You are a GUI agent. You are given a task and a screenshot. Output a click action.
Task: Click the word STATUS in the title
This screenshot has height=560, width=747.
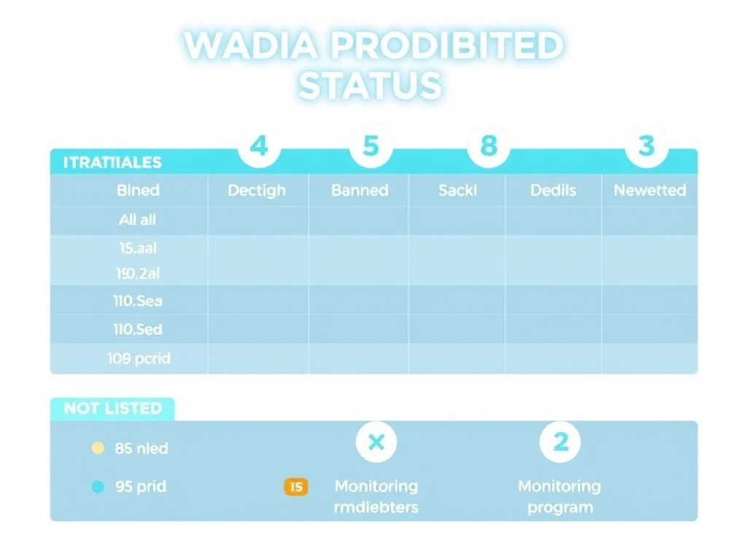[370, 85]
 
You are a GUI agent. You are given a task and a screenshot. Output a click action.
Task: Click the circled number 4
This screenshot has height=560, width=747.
[258, 147]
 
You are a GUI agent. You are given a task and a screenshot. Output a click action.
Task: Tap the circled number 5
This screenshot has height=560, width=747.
[371, 147]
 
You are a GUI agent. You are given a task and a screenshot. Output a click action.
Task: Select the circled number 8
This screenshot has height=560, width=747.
[488, 147]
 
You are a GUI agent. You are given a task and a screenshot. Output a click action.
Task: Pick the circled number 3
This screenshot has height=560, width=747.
[646, 147]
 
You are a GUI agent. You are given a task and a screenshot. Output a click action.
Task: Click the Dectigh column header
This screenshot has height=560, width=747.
[257, 190]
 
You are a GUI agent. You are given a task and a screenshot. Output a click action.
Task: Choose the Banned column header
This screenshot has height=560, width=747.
[360, 190]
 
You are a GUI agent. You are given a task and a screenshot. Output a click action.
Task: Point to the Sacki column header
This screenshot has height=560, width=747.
[457, 190]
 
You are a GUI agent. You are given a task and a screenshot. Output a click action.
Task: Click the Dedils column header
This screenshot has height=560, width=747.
[553, 190]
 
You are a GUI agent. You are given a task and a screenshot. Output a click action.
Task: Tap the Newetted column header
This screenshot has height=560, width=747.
[649, 190]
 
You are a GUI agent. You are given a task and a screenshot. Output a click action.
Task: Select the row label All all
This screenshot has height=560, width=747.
[137, 219]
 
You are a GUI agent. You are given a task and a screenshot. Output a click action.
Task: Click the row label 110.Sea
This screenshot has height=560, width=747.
[139, 300]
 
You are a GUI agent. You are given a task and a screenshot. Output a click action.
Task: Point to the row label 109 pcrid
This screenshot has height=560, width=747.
[139, 358]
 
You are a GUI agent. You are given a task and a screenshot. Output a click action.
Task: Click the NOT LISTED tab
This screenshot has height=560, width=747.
[112, 408]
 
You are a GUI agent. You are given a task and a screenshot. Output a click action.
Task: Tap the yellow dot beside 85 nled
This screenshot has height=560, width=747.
[98, 448]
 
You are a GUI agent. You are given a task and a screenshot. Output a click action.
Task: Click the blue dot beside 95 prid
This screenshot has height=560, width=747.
[98, 486]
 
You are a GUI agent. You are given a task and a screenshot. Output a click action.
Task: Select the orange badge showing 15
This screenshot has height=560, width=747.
[295, 486]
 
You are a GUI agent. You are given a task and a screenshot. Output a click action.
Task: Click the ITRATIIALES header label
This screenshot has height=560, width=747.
[112, 163]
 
